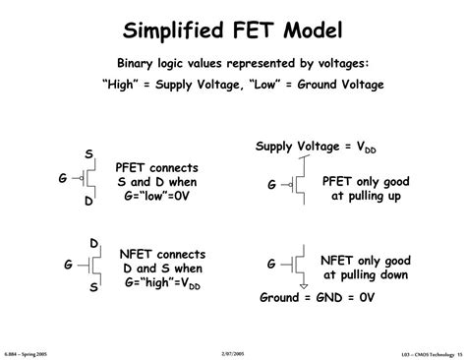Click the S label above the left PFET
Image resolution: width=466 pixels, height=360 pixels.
pos(88,154)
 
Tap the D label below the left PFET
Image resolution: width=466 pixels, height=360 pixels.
pos(88,202)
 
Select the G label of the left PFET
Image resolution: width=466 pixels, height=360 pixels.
pos(63,178)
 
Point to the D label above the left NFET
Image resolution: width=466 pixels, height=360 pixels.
pos(94,242)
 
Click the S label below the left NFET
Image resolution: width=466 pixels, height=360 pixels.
pos(94,288)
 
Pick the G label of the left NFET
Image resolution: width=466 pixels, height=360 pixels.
pos(69,265)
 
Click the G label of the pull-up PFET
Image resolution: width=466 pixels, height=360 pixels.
pos(272,184)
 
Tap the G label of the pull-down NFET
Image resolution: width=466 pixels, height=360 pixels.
pos(271,265)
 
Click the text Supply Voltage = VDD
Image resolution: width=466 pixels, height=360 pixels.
pos(315,147)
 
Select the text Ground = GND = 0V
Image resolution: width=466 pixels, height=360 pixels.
pos(319,296)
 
